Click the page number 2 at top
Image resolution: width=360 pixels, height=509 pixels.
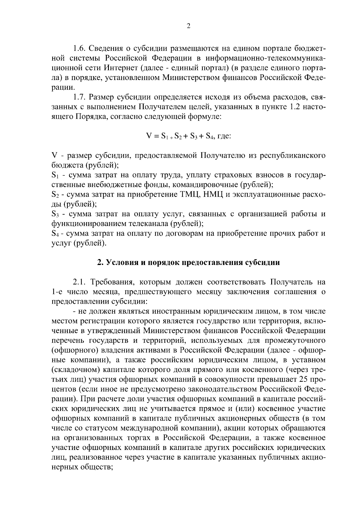pyautogui.click(x=188, y=26)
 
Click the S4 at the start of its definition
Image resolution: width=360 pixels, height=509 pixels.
pyautogui.click(x=55, y=234)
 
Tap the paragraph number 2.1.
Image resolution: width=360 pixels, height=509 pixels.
pyautogui.click(x=79, y=282)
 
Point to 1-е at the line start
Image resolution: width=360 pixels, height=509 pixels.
pyautogui.click(x=57, y=292)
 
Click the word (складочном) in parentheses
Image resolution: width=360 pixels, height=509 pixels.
pyautogui.click(x=74, y=369)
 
